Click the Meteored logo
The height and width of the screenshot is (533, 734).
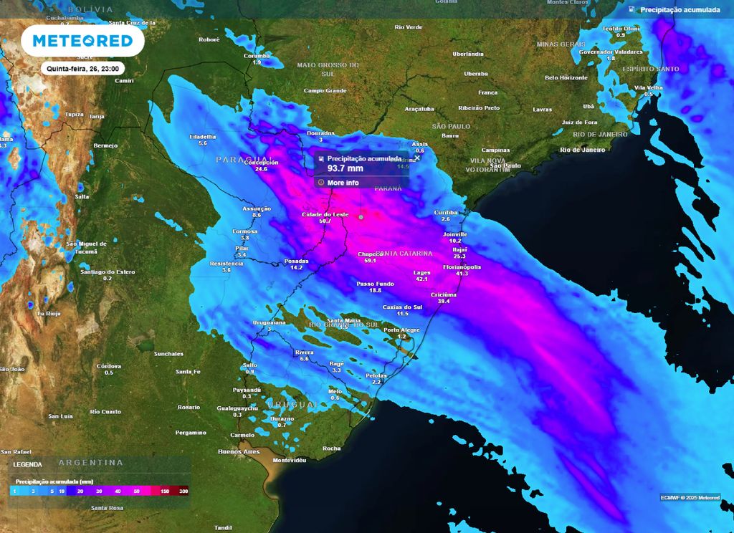coord(83,42)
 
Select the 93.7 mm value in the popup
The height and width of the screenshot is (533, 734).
coord(345,169)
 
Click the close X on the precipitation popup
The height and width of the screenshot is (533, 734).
coord(417,158)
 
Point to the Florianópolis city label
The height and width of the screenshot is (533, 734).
coord(461,266)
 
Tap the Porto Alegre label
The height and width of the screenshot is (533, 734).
coord(401,330)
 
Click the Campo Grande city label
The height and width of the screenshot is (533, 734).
coord(325,91)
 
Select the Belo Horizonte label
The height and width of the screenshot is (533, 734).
coord(566,77)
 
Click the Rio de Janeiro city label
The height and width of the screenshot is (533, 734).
coord(583,149)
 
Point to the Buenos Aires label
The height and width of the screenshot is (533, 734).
coord(239,451)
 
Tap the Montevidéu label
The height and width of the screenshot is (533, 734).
coord(290,459)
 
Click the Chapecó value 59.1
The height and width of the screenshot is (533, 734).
coord(371,261)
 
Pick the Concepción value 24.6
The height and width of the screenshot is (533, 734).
coord(261,169)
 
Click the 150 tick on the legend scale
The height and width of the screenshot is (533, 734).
coord(165,492)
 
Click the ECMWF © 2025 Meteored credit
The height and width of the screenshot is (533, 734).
coord(690,497)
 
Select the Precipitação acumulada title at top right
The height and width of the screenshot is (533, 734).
coord(680,10)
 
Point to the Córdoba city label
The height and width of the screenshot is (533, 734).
coord(109,365)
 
